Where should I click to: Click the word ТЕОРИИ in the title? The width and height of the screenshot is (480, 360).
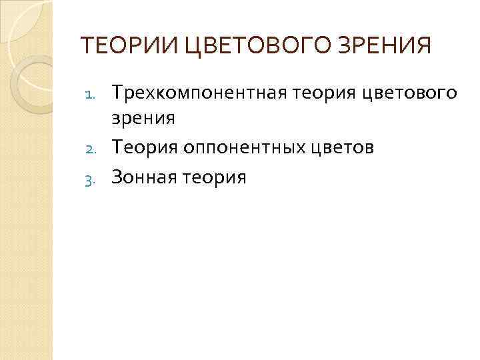[119, 46]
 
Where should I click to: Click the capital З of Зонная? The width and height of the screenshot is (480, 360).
[118, 177]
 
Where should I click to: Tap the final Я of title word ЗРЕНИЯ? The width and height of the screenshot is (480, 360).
[423, 46]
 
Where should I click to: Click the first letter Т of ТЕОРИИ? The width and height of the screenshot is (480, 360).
[86, 46]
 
